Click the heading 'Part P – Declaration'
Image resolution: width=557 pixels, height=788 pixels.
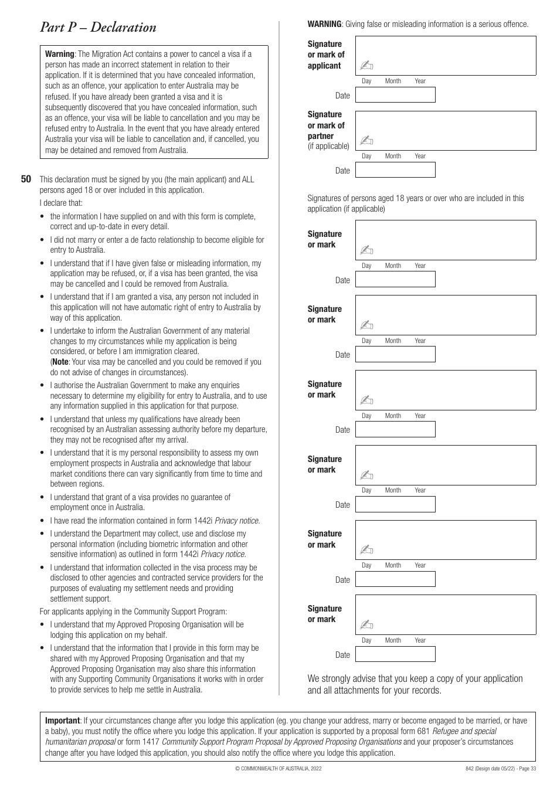tap(98, 28)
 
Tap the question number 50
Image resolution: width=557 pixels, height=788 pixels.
tap(26, 179)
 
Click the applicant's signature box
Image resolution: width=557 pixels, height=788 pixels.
tap(446, 55)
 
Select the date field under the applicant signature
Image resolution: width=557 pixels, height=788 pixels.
tap(395, 95)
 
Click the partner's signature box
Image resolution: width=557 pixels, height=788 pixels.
tap(446, 131)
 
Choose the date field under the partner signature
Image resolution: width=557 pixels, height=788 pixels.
tap(395, 170)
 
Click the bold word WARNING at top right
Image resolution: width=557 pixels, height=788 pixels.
tap(324, 24)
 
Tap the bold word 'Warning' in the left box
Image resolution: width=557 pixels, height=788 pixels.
tap(59, 54)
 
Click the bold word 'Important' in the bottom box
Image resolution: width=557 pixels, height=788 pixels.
tap(62, 721)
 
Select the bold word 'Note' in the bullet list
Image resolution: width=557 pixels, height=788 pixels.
tap(60, 362)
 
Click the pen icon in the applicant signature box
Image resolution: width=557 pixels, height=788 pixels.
tap(366, 66)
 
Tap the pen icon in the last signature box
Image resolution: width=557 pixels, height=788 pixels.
tap(366, 625)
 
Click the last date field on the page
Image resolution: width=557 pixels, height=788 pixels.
tap(395, 654)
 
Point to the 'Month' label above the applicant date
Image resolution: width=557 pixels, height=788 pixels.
tap(393, 81)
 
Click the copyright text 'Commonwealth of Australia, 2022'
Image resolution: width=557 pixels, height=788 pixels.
tap(278, 768)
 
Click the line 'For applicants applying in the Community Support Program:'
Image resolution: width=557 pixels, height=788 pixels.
tap(133, 612)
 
